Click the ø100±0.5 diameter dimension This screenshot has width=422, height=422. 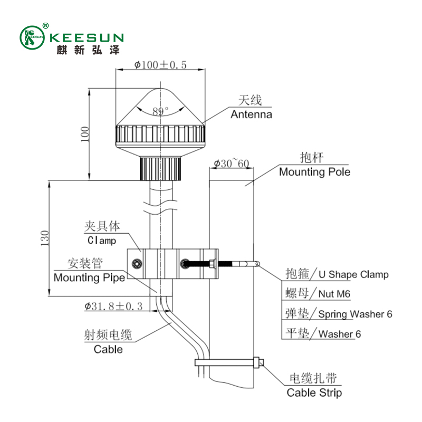click(x=161, y=65)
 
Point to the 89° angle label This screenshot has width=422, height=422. click(x=160, y=111)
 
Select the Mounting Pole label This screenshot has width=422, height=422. click(x=314, y=172)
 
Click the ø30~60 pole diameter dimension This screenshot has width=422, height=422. click(x=232, y=164)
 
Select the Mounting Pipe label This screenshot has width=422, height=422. click(x=90, y=277)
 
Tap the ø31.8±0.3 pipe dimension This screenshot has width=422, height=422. click(x=113, y=306)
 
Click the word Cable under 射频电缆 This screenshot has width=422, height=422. click(x=108, y=349)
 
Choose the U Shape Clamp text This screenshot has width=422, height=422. click(x=353, y=274)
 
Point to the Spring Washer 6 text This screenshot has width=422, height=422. click(x=356, y=314)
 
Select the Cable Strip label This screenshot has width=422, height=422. click(x=314, y=393)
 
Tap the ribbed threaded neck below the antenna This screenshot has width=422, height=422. click(x=160, y=169)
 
